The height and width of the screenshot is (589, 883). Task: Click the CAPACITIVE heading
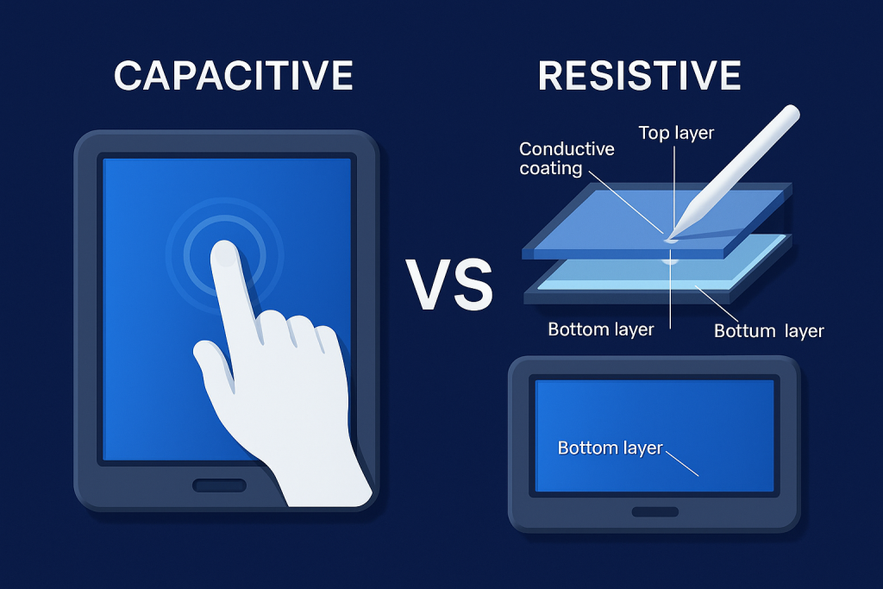(x=233, y=75)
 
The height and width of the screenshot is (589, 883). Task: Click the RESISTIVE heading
(x=639, y=75)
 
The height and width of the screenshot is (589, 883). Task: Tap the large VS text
(x=448, y=285)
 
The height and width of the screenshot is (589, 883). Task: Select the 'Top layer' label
(x=676, y=133)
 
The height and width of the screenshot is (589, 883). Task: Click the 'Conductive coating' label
(x=567, y=158)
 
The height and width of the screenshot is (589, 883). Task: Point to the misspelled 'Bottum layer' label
(x=768, y=330)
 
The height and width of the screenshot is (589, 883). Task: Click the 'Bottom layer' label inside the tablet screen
(x=610, y=448)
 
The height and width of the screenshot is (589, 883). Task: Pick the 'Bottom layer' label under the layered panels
(x=601, y=329)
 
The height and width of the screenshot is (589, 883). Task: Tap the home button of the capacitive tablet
(x=220, y=486)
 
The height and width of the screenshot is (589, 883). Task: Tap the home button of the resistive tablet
(x=655, y=512)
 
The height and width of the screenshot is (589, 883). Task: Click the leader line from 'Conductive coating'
(x=626, y=200)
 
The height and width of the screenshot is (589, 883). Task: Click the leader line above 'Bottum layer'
(x=717, y=304)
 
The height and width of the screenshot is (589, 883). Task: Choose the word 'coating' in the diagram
(x=551, y=168)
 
